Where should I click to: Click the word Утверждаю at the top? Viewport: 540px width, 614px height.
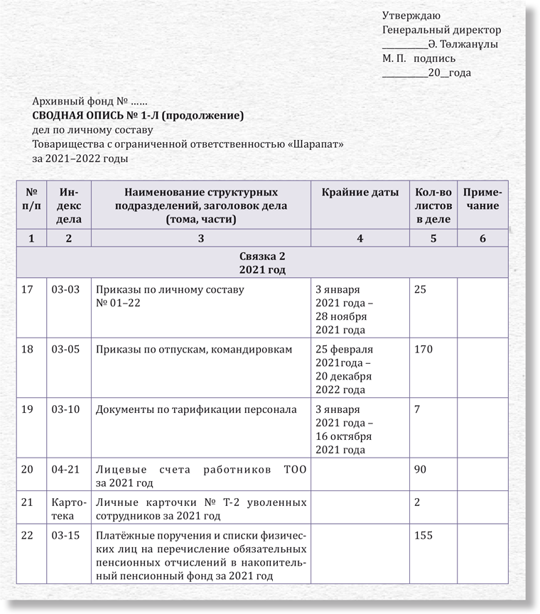pos(411,16)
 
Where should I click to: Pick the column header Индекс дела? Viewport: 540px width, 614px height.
pos(68,205)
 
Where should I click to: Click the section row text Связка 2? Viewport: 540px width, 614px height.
pos(262,256)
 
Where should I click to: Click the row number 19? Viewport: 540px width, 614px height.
pos(28,409)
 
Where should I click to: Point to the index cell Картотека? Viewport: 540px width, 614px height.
pos(68,510)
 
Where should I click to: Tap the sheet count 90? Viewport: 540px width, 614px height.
pos(420,469)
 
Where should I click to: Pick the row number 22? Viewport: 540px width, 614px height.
pos(28,536)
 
